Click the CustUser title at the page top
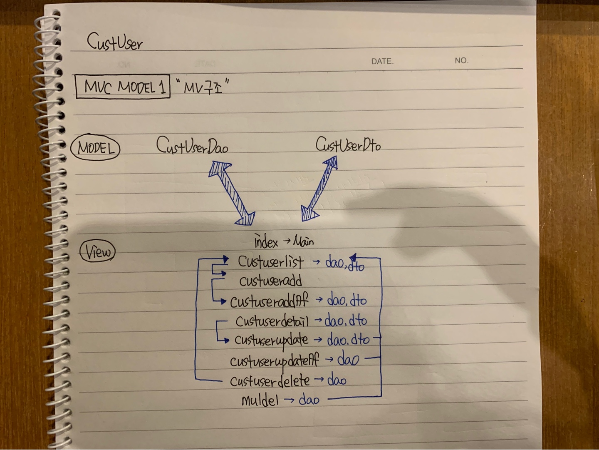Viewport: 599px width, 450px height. click(x=114, y=42)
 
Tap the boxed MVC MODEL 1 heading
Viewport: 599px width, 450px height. click(x=123, y=87)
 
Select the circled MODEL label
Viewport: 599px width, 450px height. click(x=95, y=148)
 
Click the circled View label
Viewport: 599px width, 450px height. click(x=97, y=251)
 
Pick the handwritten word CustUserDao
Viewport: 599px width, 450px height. click(x=192, y=146)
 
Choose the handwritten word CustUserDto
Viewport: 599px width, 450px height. click(x=348, y=145)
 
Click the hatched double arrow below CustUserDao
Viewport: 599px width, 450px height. click(x=232, y=193)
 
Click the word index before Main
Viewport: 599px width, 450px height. click(x=266, y=241)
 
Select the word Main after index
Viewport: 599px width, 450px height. click(x=304, y=241)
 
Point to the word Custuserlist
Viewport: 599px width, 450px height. click(x=270, y=262)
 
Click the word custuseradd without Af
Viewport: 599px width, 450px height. click(x=270, y=281)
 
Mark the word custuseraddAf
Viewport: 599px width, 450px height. click(x=269, y=301)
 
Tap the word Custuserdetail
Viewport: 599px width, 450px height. click(x=272, y=321)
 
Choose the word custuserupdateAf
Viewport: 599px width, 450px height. click(x=275, y=360)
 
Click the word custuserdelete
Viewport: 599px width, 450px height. click(x=270, y=380)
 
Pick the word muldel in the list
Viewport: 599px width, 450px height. click(x=260, y=400)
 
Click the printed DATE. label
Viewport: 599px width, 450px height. click(x=382, y=61)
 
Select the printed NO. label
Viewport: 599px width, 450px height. click(x=461, y=60)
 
